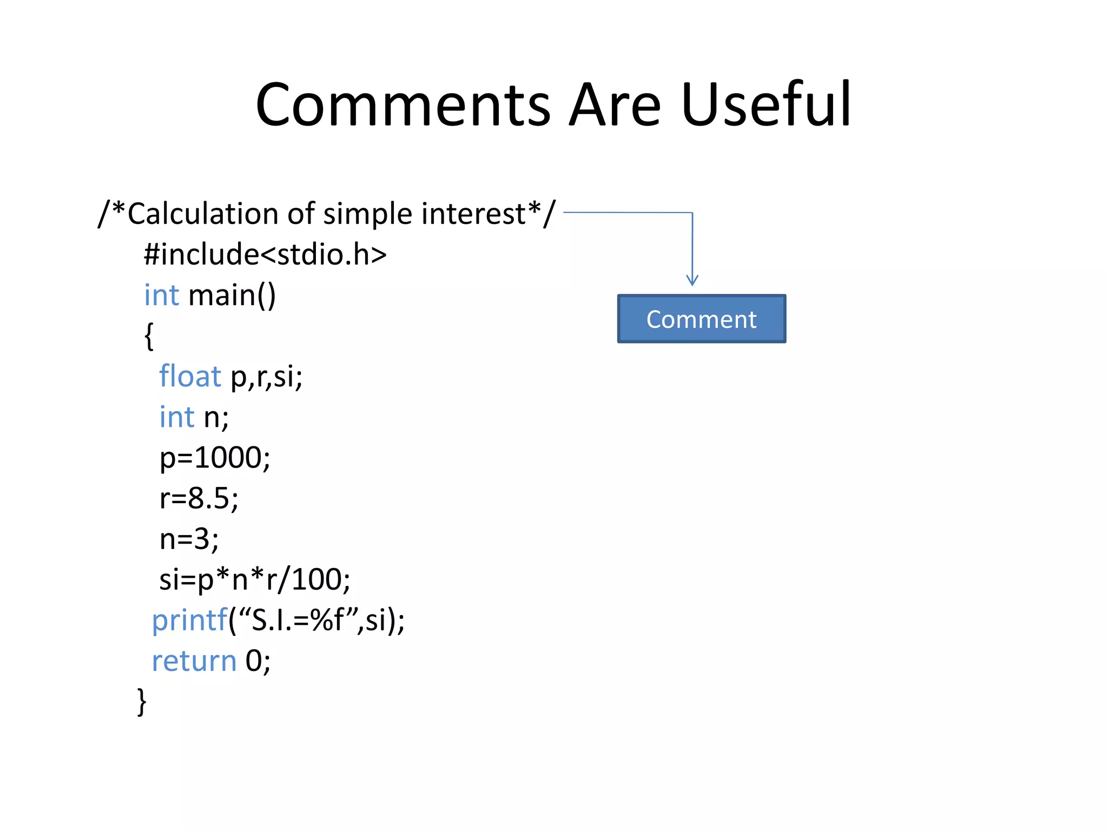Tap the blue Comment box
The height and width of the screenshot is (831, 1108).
701,319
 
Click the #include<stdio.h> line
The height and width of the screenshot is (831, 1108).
265,254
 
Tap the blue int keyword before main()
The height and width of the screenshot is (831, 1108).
161,295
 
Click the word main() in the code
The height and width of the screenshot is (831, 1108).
232,295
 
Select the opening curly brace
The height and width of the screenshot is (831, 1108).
149,336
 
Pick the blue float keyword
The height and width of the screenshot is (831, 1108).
190,377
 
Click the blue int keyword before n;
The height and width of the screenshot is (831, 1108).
176,417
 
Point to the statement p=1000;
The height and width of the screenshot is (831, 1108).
215,458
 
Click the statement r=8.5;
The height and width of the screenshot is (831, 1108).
199,498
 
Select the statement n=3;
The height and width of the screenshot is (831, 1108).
189,539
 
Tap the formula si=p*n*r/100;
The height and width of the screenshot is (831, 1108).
254,579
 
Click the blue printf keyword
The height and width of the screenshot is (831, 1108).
189,621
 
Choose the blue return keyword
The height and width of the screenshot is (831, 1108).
194,661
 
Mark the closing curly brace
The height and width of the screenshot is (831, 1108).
142,702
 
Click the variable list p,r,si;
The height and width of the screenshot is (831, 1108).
266,377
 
